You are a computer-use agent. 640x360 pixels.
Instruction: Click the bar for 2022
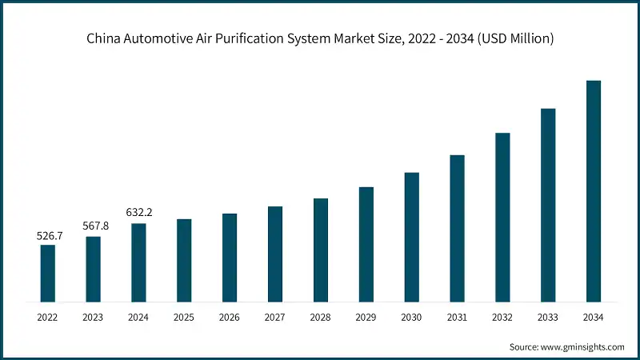47,274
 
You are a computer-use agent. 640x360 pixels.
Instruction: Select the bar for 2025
184,261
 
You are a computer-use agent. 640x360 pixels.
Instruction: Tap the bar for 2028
321,250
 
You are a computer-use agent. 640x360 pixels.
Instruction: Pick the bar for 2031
457,229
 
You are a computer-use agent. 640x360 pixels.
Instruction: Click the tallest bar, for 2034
594,191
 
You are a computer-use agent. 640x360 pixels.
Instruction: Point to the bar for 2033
548,206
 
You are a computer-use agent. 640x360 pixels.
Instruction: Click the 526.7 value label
48,236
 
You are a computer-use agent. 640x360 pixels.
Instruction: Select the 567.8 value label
94,226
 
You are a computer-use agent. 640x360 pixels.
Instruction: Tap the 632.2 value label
139,213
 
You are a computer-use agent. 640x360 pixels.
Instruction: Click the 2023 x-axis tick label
94,318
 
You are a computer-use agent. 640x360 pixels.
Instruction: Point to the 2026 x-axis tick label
230,318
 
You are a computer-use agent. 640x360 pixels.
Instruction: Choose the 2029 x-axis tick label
366,318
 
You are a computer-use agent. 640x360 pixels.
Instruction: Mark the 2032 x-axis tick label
502,318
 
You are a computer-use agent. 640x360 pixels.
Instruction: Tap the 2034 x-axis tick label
594,318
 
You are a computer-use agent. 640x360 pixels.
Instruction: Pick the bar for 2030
412,238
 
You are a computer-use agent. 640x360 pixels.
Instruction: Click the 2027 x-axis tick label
275,318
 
